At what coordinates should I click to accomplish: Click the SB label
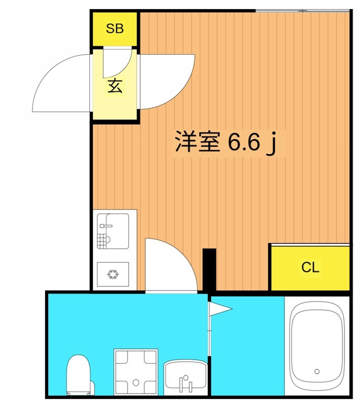click(115, 29)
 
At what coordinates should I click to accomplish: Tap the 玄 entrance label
click(115, 86)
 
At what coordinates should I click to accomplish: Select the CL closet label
click(310, 267)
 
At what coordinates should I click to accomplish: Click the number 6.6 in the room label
click(243, 143)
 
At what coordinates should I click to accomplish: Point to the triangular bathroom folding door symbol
click(221, 308)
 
